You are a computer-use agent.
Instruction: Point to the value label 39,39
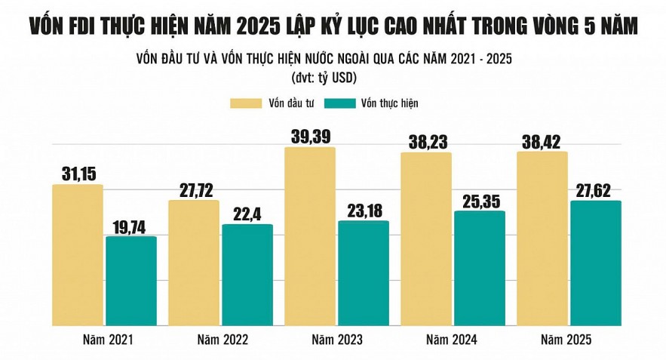[310, 137]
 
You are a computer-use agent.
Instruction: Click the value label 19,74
[131, 226]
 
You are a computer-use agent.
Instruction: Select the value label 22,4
[247, 214]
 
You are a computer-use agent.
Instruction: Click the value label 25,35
[480, 200]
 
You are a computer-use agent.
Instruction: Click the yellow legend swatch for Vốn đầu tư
[244, 102]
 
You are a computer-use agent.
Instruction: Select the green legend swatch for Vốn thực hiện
[342, 102]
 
